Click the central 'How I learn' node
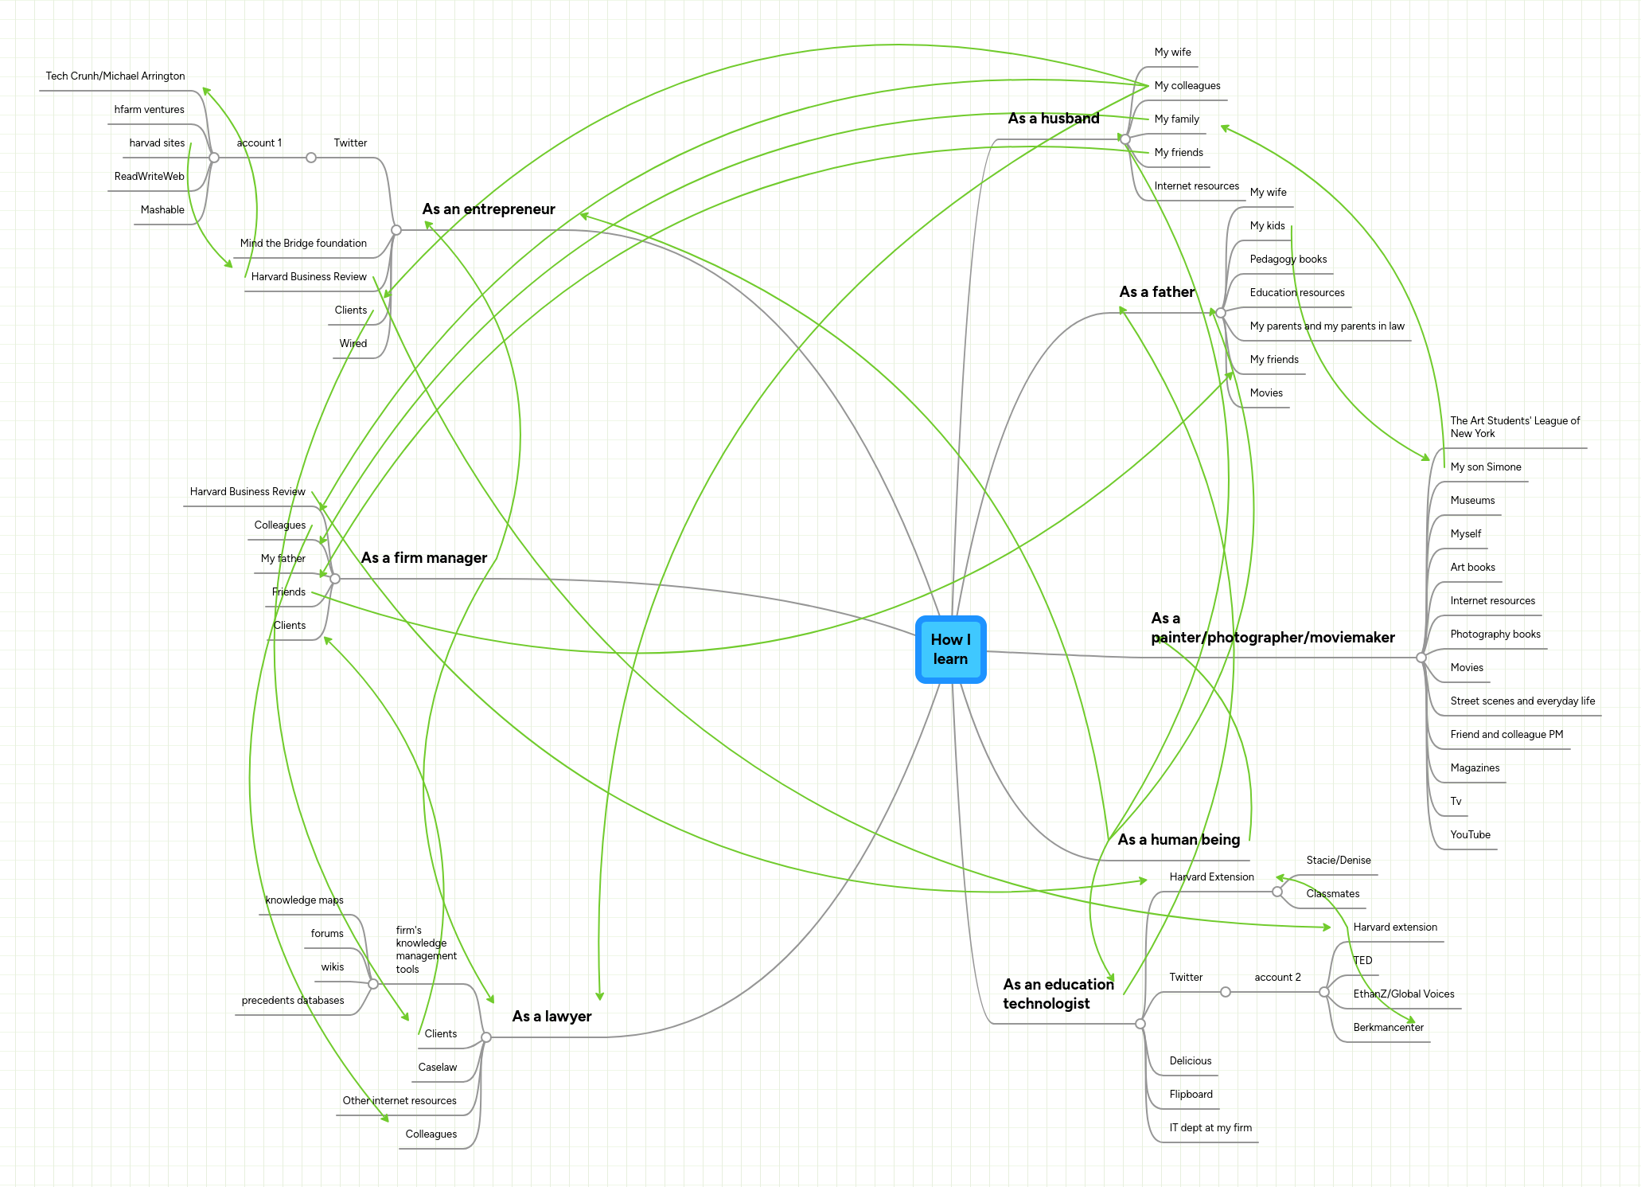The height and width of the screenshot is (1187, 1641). coord(950,650)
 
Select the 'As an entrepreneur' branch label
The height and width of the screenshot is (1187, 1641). coord(488,209)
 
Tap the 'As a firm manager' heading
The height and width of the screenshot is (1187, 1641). coord(423,558)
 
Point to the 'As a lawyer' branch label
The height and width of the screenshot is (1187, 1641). coord(552,1017)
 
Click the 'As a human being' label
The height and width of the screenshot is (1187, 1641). coord(1178,840)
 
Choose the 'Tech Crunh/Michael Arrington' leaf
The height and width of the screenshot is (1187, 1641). coord(115,76)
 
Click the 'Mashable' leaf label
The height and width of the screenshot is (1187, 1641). coord(162,210)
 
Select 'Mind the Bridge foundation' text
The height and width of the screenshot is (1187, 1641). coord(303,244)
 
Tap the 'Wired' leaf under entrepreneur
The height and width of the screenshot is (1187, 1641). coord(353,344)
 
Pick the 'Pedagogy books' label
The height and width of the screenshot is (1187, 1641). coord(1288,260)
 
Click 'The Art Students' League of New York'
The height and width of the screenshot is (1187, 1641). coord(1514,428)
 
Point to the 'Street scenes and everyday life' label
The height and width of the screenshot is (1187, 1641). coord(1522,701)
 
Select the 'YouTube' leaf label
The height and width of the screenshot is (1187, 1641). coord(1470,835)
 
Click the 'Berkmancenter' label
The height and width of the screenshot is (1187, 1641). coord(1388,1028)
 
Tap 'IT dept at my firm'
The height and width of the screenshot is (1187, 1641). coord(1210,1128)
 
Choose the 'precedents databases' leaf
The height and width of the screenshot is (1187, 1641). coord(293,1001)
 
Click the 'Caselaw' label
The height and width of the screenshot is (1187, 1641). coord(438,1068)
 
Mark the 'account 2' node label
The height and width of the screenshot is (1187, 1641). coord(1277,978)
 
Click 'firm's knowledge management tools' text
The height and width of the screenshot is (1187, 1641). coord(426,950)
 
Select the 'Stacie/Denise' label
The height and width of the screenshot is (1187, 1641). coord(1338,861)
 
